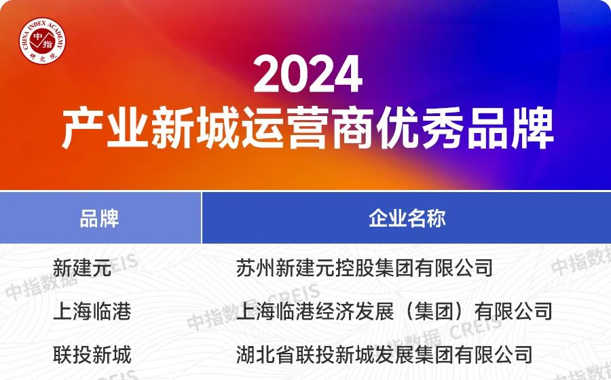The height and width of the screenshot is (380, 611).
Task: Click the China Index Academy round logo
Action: coord(43,41)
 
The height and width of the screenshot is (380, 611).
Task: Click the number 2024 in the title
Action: coord(308,74)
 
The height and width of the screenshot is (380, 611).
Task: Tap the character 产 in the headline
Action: coord(82,128)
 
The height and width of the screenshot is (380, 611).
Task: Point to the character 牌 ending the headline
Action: coord(532,128)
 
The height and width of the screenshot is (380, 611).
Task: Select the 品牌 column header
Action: coord(99,218)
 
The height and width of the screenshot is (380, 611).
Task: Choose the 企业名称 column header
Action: coord(407,218)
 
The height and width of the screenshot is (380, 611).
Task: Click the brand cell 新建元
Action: coord(82,268)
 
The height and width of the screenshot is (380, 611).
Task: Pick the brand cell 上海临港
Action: coord(92,311)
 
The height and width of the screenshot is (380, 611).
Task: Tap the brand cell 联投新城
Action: coord(92,355)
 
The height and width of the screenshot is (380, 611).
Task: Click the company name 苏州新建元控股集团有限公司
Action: coord(365,268)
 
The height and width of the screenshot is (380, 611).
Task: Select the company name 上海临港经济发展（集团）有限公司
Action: coord(394,311)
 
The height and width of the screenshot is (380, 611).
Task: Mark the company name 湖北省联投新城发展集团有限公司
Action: coord(384,355)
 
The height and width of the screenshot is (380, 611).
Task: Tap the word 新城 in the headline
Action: coord(195,128)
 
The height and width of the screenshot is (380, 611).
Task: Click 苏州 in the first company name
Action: coord(256,268)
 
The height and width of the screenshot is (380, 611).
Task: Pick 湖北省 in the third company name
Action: coord(265,355)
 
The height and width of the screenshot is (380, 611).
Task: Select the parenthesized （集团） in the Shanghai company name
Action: coord(434,311)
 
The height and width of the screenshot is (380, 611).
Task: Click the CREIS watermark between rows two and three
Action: coord(475,328)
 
